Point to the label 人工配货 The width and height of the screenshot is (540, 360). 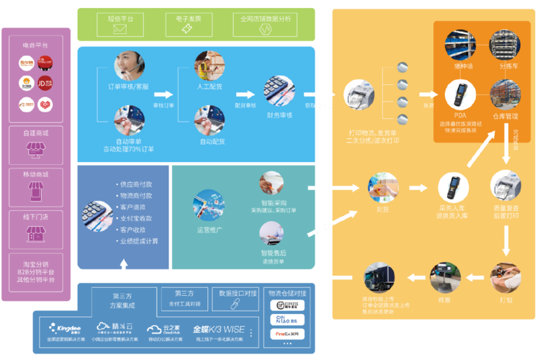pos(210,86)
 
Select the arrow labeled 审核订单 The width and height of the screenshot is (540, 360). pos(163,94)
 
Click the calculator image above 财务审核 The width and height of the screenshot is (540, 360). pos(279,91)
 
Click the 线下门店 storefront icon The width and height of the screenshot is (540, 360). pos(35,233)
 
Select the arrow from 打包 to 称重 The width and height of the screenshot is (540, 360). pos(476,277)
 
